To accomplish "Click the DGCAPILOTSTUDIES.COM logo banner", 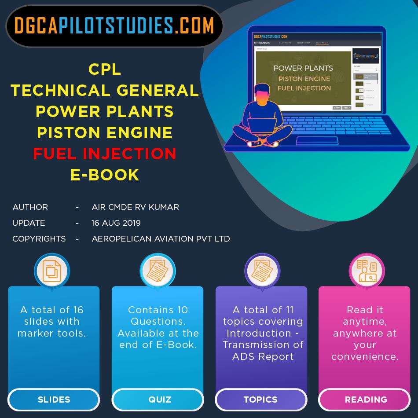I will pos(114,26).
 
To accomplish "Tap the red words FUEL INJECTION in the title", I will pos(105,154).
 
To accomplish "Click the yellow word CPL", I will pos(105,69).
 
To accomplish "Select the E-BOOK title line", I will pos(105,175).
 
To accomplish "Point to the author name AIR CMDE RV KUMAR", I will pos(135,207).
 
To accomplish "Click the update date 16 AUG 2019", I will pos(116,223).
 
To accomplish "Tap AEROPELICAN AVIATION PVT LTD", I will pos(161,239).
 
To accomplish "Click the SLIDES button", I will pos(54,400).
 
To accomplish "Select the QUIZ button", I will pos(158,400).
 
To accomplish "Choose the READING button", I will pos(366,400).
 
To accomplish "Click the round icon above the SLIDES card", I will pos(52,271).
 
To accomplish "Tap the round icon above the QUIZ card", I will pos(158,271).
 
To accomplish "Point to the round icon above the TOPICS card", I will pos(262,271).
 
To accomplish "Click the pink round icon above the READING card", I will pos(366,271).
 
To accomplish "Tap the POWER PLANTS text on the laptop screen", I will pos(303,68).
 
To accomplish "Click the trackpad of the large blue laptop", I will pos(317,141).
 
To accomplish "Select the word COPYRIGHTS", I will pos(39,239).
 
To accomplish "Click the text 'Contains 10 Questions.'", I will pos(158,315).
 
